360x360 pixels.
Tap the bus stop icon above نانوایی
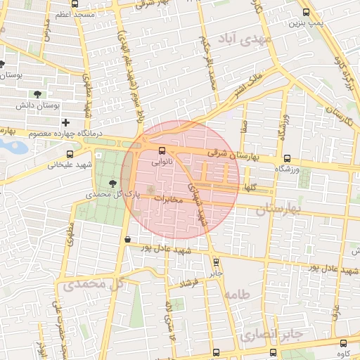click(162, 150)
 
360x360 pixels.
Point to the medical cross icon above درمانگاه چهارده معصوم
click(65, 122)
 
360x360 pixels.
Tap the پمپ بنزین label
click(306, 23)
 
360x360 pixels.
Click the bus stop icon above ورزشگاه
click(287, 159)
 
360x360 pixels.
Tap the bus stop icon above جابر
click(216, 262)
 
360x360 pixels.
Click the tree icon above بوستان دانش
click(37, 94)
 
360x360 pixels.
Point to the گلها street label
click(250, 188)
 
